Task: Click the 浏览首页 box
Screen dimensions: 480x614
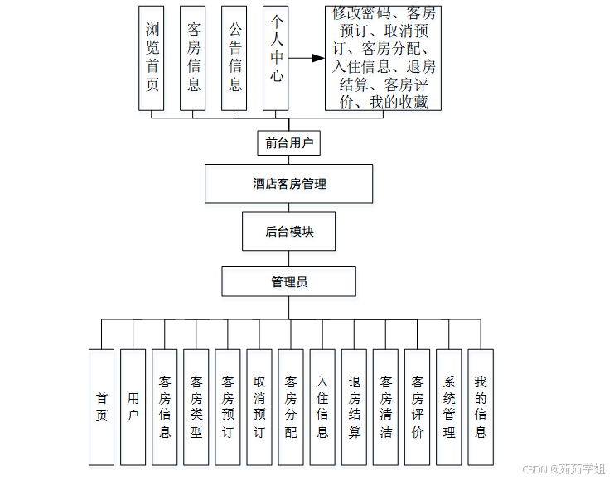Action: click(152, 58)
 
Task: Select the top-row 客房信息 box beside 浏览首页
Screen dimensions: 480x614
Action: click(193, 58)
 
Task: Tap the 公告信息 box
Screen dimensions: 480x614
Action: click(234, 58)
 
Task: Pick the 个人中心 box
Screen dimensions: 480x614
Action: click(276, 58)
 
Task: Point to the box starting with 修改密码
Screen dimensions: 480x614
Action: click(382, 58)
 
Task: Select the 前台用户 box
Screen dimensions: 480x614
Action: click(288, 143)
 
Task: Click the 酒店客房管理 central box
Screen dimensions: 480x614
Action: click(288, 184)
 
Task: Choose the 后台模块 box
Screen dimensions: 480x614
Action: click(289, 232)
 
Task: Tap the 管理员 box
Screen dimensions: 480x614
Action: click(288, 282)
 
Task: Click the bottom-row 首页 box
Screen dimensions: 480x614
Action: click(101, 407)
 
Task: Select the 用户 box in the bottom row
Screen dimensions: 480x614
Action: click(133, 407)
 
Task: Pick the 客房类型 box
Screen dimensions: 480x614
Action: click(196, 407)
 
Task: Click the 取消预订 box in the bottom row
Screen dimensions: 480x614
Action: click(259, 407)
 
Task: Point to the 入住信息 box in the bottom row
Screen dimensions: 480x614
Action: click(322, 407)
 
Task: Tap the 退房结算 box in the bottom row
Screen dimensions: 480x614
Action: click(354, 407)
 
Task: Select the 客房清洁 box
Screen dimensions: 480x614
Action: click(385, 407)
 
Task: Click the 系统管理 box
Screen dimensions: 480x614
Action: click(448, 407)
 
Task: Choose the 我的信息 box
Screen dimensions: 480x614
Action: click(480, 407)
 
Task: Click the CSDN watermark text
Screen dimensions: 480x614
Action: click(564, 469)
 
